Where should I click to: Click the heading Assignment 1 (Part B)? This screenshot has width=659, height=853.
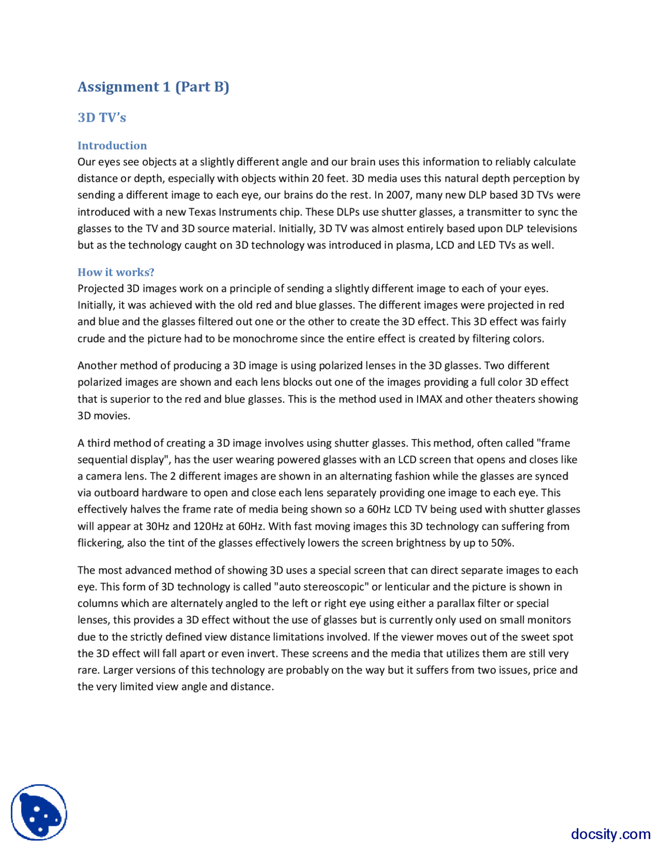(x=153, y=87)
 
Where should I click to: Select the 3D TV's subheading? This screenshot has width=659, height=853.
(x=101, y=117)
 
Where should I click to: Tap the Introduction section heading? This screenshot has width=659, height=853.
(x=112, y=145)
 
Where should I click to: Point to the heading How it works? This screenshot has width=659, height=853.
(x=116, y=272)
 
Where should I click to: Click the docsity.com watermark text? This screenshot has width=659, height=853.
(x=610, y=834)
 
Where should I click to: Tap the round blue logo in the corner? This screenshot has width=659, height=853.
(x=39, y=812)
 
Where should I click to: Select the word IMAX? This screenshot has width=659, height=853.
(x=429, y=399)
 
